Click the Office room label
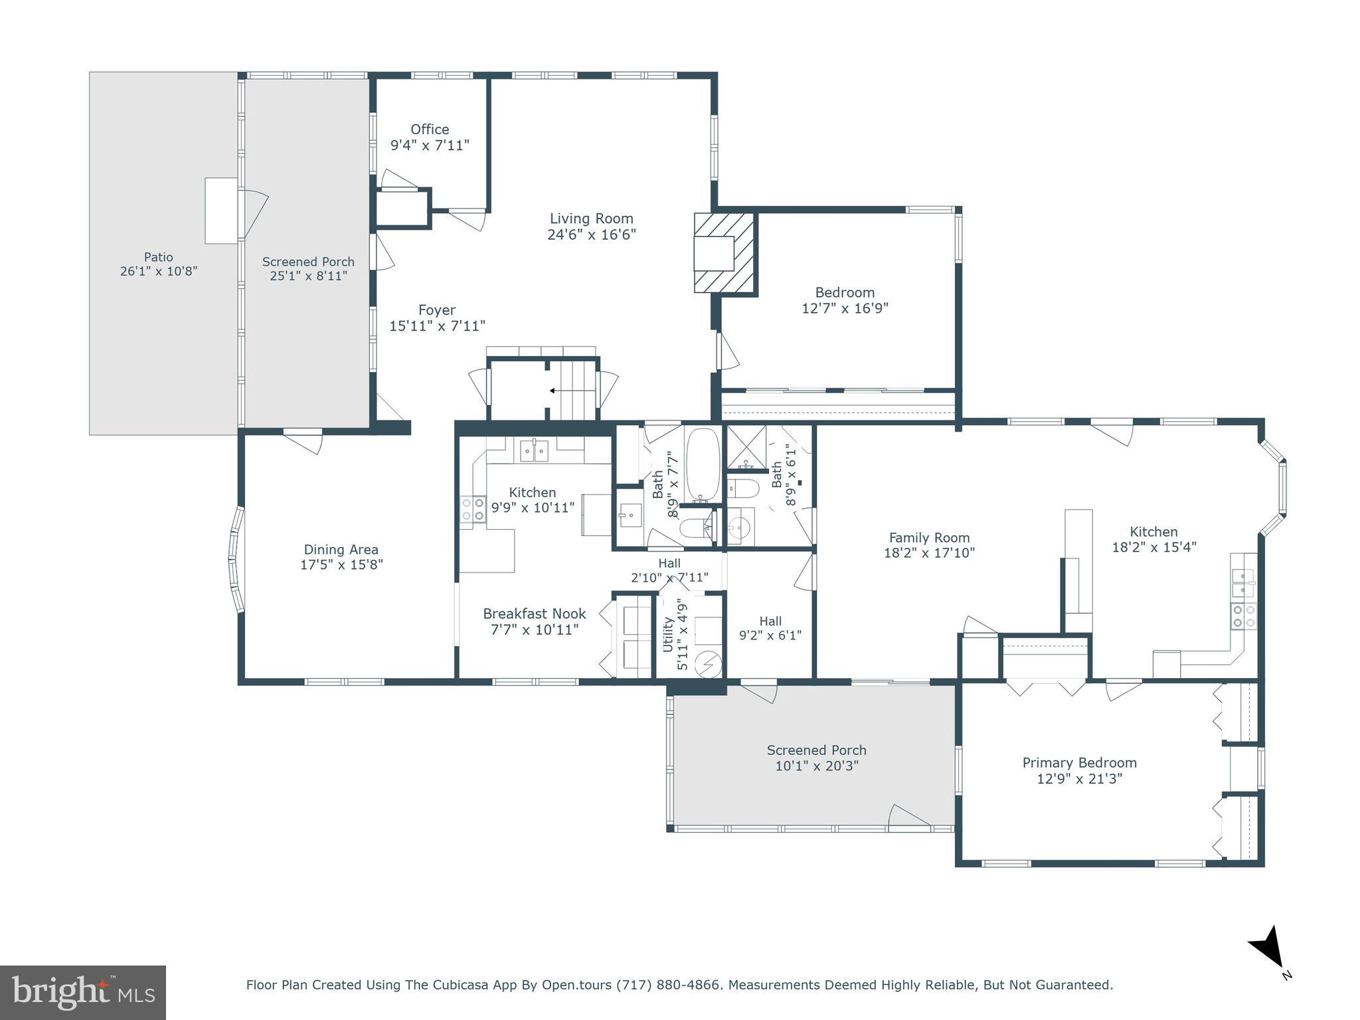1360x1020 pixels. point(430,129)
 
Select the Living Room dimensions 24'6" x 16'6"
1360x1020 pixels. point(592,234)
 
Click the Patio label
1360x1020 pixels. point(159,257)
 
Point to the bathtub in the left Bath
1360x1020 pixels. point(702,465)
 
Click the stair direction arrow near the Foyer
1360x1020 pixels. point(552,391)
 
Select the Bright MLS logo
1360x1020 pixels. point(82,992)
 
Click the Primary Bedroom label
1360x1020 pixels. point(1079,763)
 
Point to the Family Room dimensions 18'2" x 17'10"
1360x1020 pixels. point(929,552)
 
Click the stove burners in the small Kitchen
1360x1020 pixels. point(473,509)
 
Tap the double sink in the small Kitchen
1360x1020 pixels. point(534,452)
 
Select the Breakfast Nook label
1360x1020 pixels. point(534,614)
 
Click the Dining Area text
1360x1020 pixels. point(341,550)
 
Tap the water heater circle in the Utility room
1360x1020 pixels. point(708,663)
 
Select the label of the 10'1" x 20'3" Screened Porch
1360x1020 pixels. point(816,750)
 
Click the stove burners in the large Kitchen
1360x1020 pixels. point(1244,616)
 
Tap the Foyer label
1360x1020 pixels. point(437,310)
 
